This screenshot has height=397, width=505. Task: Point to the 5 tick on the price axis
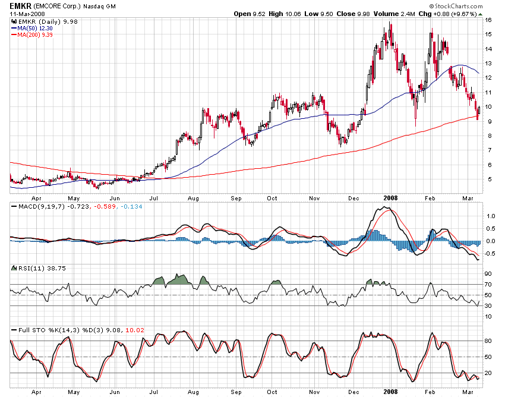coord(488,179)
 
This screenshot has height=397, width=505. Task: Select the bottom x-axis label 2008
coord(391,392)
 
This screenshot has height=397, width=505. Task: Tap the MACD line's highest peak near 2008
coord(385,207)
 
